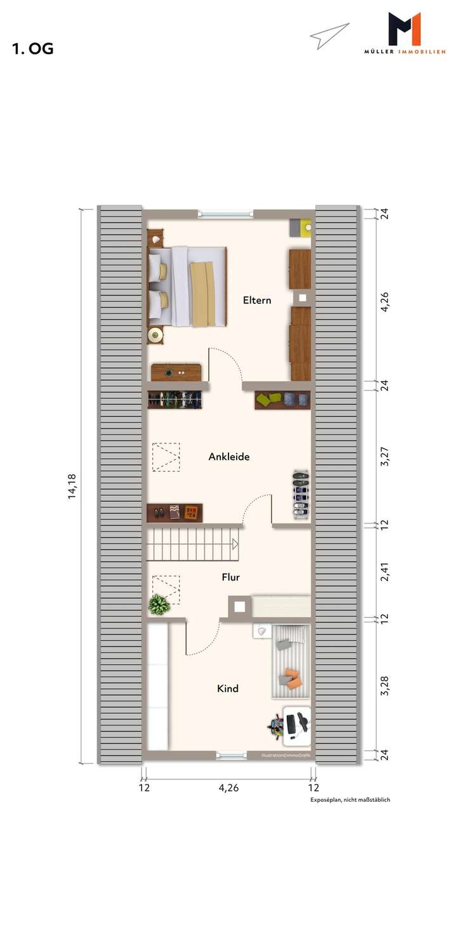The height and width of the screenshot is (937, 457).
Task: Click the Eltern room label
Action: [x=257, y=300]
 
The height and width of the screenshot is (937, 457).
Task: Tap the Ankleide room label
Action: [x=229, y=456]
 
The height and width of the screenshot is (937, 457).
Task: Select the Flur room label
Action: [x=230, y=577]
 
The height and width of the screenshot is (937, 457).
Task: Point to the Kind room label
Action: [x=228, y=688]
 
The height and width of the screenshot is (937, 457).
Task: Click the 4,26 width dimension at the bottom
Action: [x=228, y=789]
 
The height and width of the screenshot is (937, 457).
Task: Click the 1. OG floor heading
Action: [x=32, y=49]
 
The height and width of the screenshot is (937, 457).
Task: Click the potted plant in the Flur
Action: [x=159, y=605]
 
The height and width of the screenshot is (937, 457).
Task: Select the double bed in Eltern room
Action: [x=187, y=287]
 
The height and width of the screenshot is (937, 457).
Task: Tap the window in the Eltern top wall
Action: [x=225, y=214]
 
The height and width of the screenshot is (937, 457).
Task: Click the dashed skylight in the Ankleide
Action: [x=166, y=457]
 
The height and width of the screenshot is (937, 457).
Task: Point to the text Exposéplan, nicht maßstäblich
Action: [x=350, y=800]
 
